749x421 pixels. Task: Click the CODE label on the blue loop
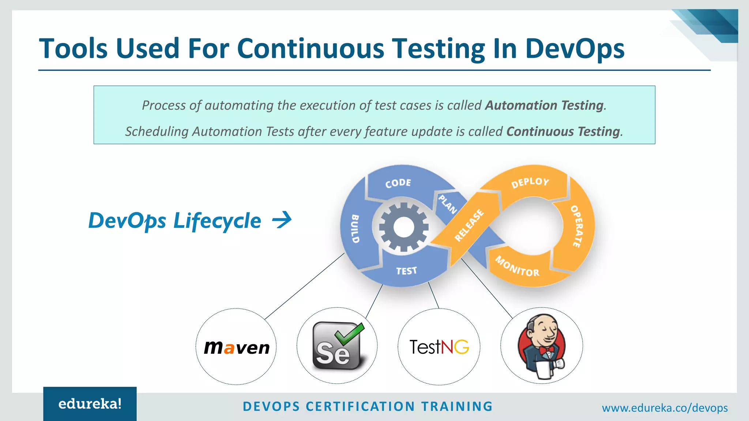pos(398,183)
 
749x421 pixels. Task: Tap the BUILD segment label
pos(355,229)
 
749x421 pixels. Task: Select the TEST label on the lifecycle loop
pos(406,271)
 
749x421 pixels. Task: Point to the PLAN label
pos(448,204)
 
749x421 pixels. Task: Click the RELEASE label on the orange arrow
pos(469,225)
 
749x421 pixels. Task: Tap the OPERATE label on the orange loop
pos(577,226)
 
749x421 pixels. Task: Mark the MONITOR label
pos(517,266)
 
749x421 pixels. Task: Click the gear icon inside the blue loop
pos(404,227)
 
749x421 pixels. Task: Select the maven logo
pos(237,348)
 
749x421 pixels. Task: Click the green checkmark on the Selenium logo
pos(349,333)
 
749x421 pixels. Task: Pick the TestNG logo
pos(439,347)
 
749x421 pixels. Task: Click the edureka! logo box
pos(90,404)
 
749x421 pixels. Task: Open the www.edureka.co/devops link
pos(665,408)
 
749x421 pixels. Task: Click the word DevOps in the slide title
pos(575,49)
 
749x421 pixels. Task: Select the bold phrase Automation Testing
pos(544,106)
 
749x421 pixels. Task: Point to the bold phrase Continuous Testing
pos(563,132)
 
